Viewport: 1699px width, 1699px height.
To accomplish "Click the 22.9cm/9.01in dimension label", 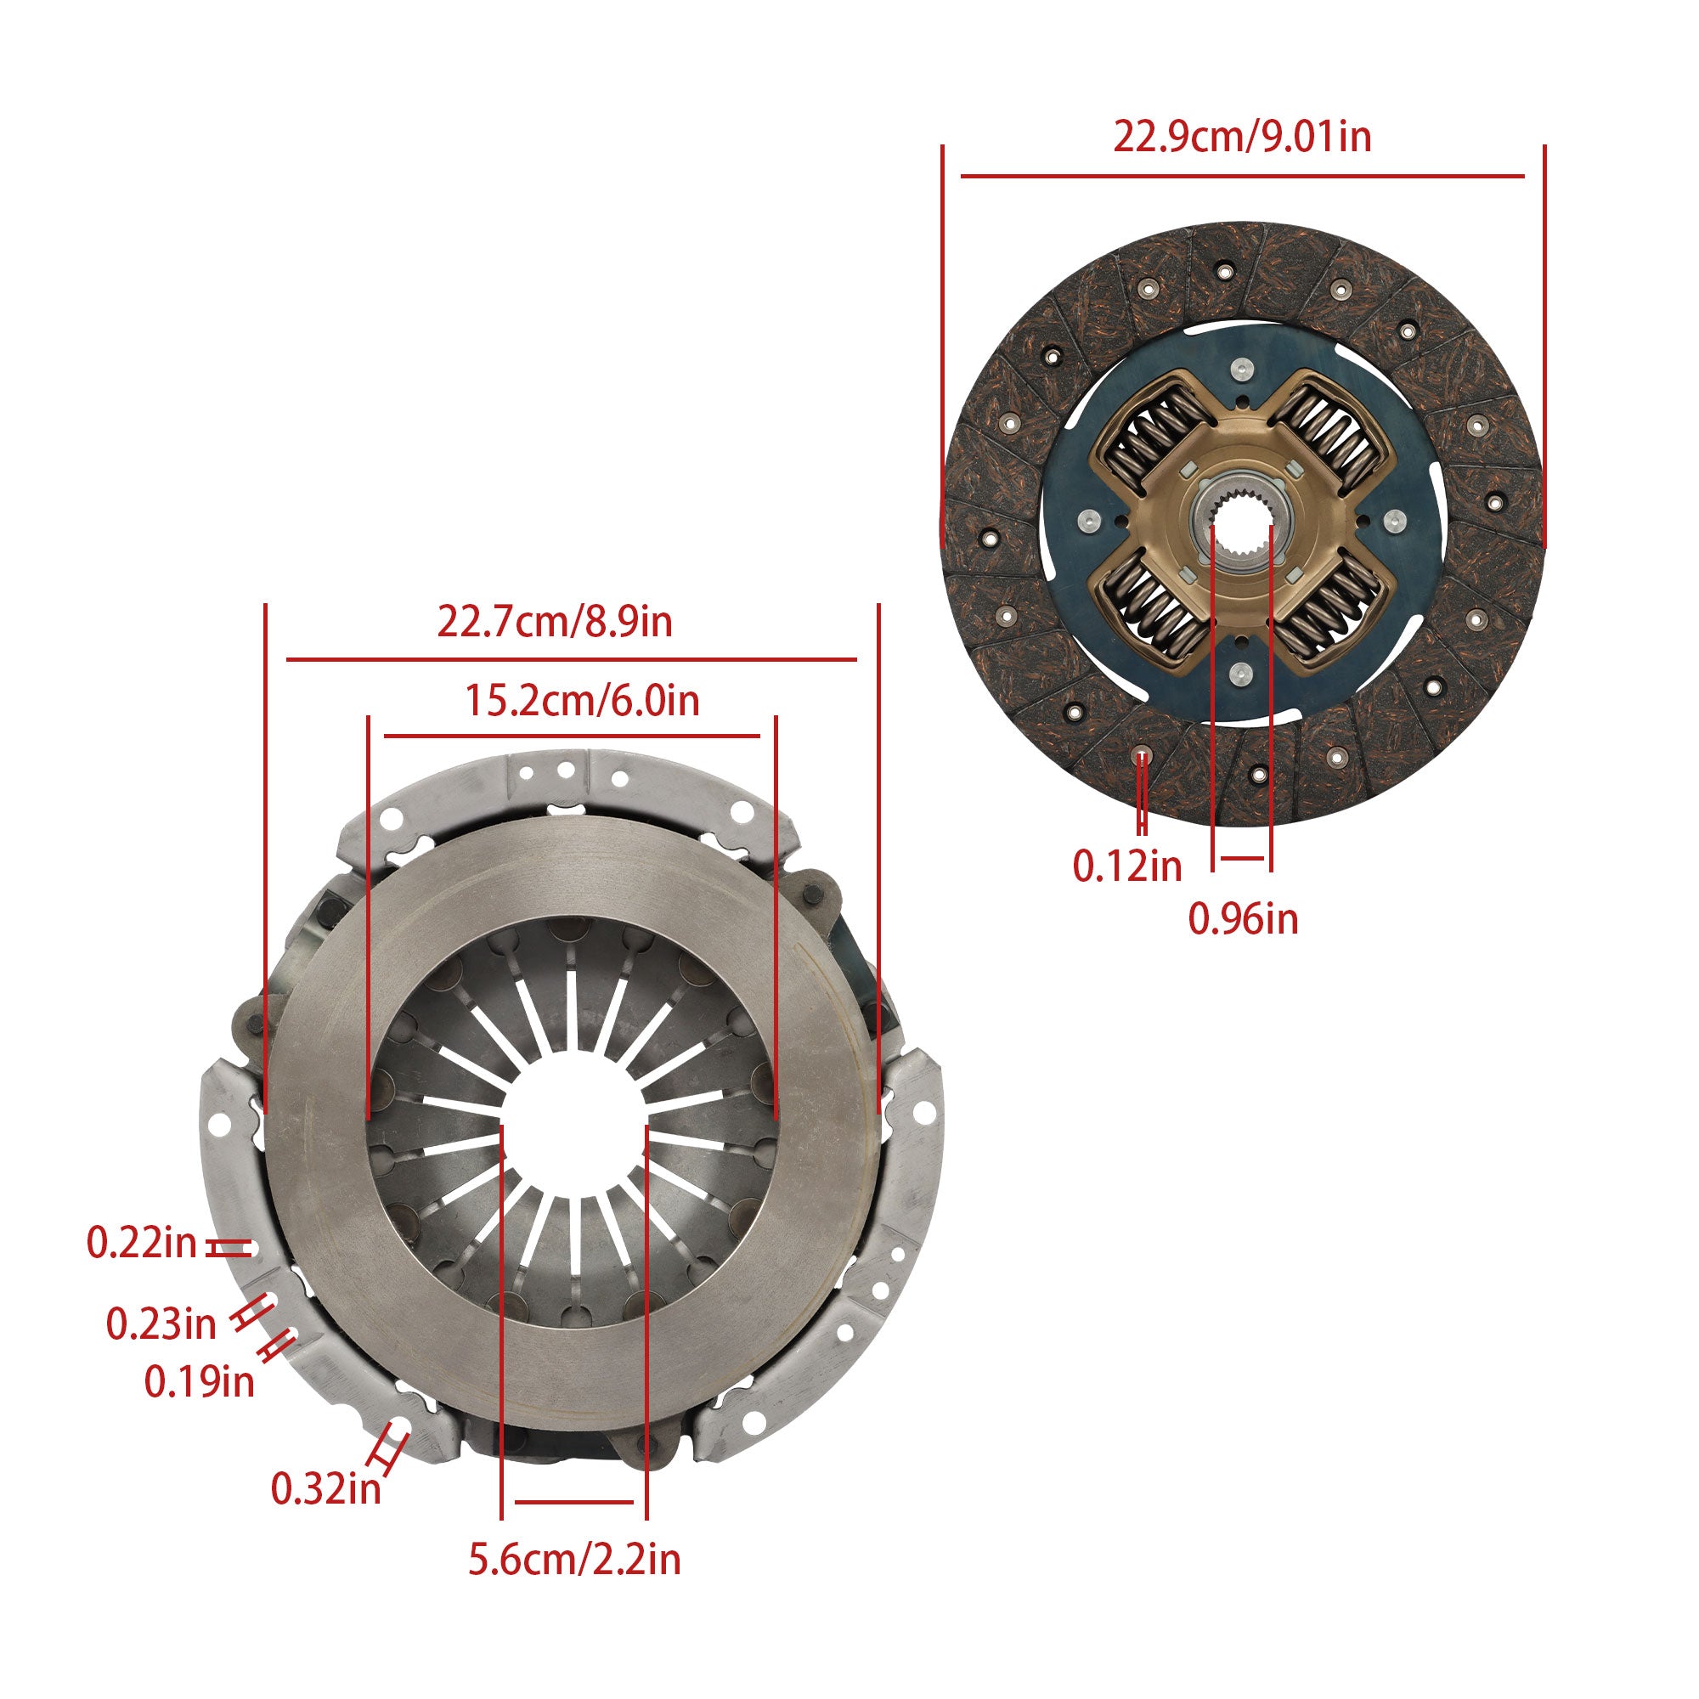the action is click(x=1242, y=138).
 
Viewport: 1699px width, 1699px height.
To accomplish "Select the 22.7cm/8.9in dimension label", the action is click(x=555, y=623).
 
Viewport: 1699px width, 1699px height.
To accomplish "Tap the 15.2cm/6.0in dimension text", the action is click(x=581, y=702).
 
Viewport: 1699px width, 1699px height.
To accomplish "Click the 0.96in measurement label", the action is click(x=1244, y=920).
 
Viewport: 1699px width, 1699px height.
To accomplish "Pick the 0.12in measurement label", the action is click(x=1127, y=866).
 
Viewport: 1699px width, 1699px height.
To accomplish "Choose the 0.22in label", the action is click(x=142, y=1244).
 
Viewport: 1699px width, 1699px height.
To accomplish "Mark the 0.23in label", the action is click(x=161, y=1324).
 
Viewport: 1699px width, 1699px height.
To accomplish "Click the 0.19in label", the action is click(x=200, y=1381).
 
